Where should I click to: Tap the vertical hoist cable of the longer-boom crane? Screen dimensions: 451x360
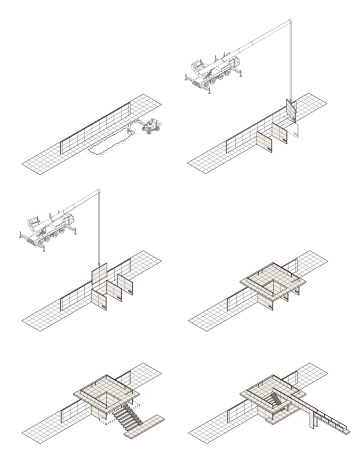[290, 63]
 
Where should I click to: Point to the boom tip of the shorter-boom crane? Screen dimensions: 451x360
[98, 192]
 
